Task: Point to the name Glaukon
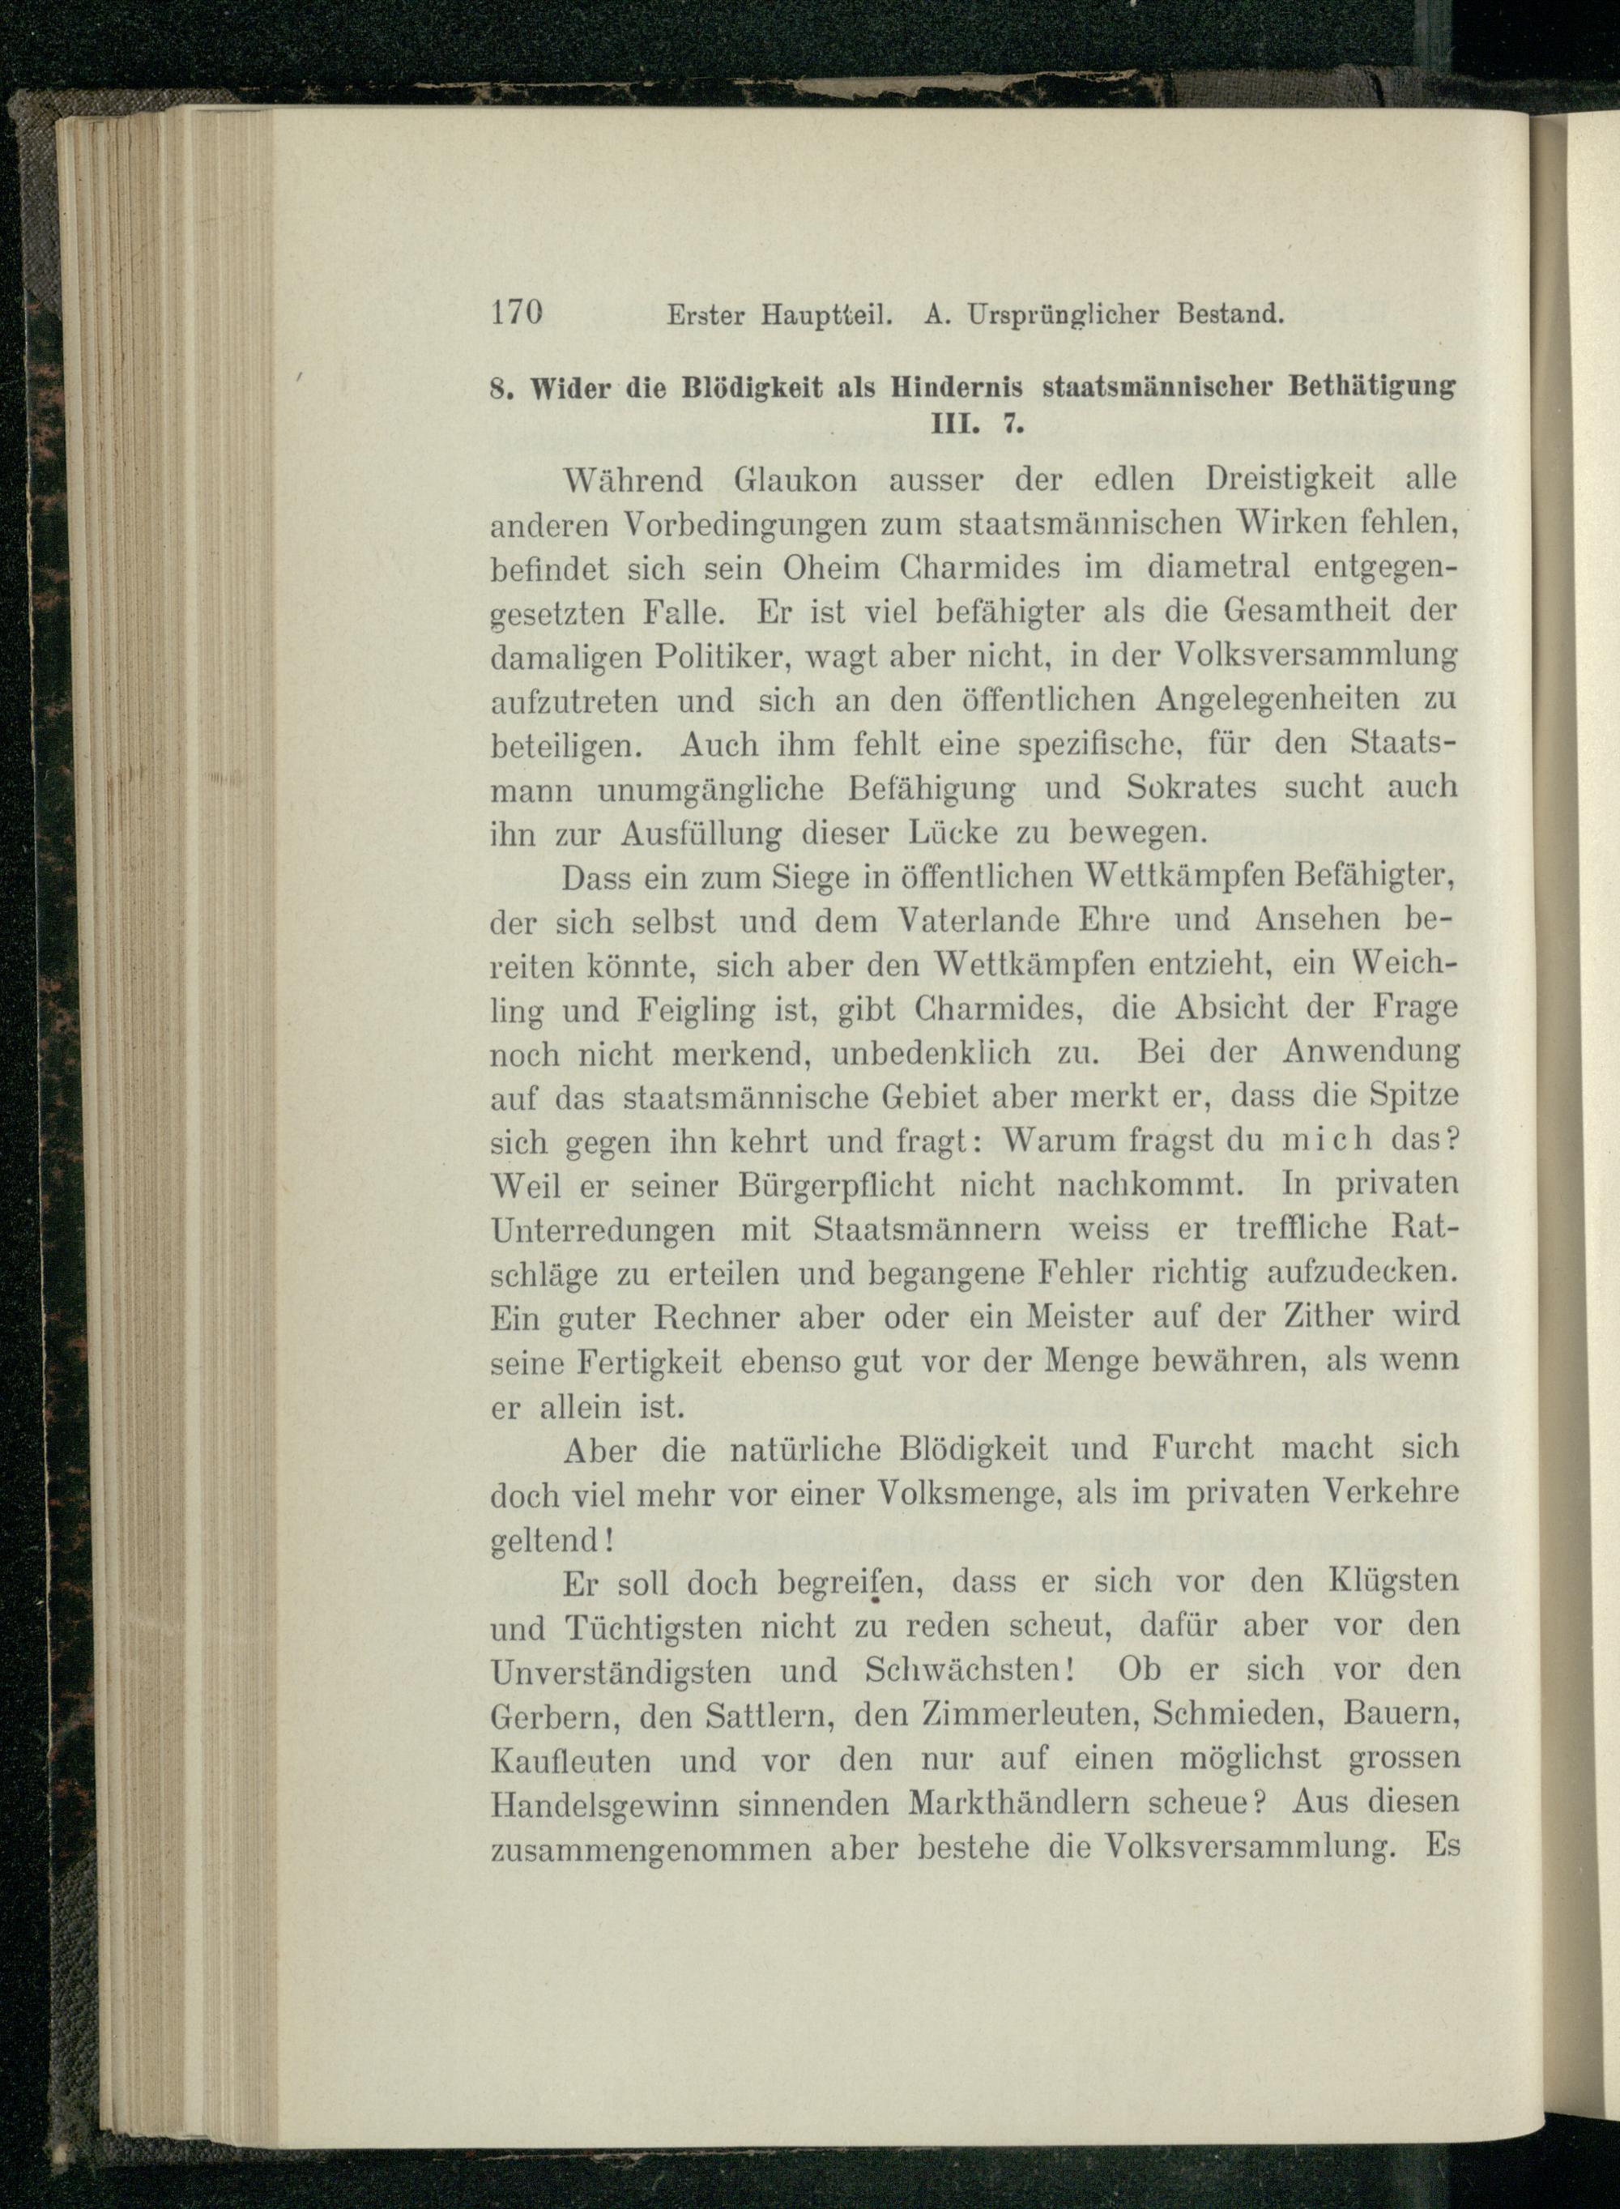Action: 795,480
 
